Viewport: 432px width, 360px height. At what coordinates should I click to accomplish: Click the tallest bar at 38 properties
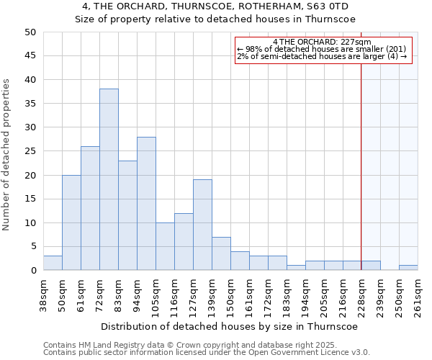(109, 179)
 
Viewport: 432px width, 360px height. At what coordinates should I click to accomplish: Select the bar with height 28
(146, 204)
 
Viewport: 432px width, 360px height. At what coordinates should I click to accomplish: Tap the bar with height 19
(202, 225)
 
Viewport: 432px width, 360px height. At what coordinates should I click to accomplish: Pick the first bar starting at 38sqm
(53, 263)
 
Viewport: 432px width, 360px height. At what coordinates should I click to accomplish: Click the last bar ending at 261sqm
(408, 268)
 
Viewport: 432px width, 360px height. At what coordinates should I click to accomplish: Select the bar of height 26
(90, 208)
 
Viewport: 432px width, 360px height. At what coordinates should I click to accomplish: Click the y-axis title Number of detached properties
(7, 155)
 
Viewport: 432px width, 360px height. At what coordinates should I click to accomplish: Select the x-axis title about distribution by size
(230, 326)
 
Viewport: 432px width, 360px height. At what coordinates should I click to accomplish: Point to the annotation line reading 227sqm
(323, 42)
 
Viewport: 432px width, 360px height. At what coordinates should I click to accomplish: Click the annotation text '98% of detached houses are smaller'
(322, 49)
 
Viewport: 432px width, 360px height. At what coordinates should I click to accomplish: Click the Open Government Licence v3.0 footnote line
(207, 353)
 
